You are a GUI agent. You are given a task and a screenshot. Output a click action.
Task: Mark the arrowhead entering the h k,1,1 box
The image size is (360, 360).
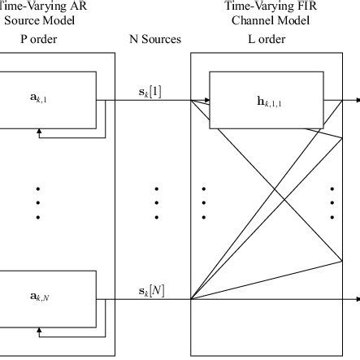pos(206,102)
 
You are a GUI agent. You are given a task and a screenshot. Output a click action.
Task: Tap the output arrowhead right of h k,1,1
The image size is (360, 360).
pos(356,102)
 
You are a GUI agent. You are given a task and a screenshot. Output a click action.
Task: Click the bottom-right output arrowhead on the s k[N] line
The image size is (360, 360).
pos(356,300)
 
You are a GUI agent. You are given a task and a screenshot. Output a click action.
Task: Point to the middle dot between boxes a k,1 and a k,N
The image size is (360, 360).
pos(37,202)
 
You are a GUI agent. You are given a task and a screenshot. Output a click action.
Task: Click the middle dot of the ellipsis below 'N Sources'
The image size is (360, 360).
pos(156,202)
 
